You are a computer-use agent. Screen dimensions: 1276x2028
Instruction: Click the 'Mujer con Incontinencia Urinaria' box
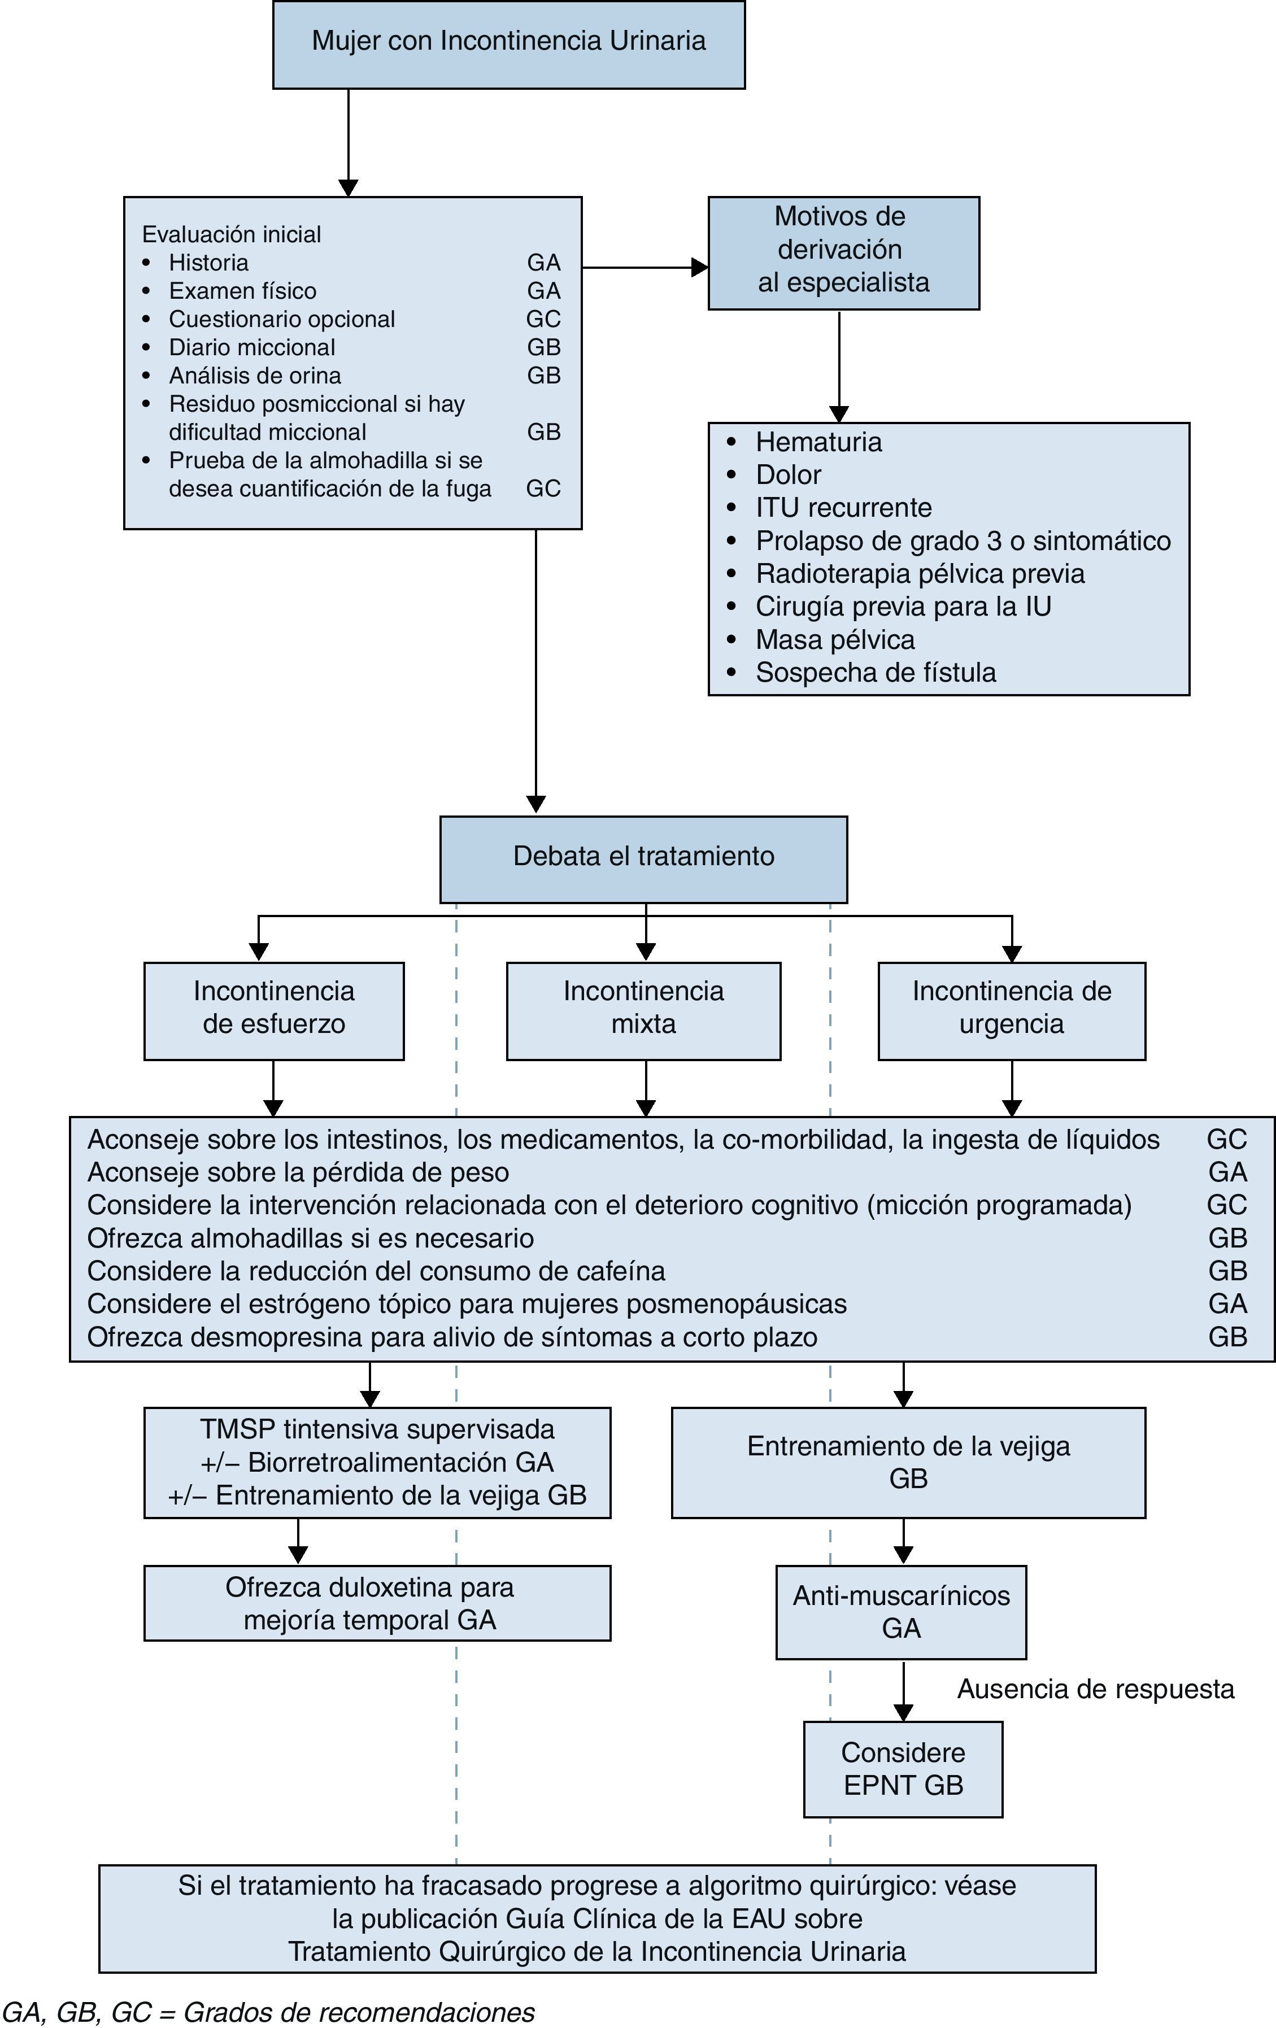click(x=509, y=45)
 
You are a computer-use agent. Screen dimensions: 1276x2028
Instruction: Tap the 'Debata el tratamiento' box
click(x=643, y=859)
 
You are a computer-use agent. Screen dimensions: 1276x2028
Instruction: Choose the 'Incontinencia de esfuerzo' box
click(x=274, y=1011)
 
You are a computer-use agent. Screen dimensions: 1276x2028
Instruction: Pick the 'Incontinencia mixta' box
click(x=643, y=1011)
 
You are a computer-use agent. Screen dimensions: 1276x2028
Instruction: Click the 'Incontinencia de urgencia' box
click(x=1012, y=1011)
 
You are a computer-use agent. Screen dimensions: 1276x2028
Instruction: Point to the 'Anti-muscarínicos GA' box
click(x=901, y=1612)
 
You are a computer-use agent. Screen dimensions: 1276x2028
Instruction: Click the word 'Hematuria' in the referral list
click(x=818, y=442)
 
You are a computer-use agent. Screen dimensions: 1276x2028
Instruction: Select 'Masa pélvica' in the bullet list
click(x=835, y=640)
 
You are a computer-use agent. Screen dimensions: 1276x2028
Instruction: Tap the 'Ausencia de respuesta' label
click(x=1096, y=1689)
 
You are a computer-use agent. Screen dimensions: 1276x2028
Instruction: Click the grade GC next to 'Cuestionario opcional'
click(x=543, y=319)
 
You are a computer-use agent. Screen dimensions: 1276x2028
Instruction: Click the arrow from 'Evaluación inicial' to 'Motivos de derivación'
click(x=645, y=267)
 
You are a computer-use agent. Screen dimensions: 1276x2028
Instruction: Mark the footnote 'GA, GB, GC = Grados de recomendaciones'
click(x=268, y=2012)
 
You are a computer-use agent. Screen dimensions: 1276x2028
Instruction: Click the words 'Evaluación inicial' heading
click(x=232, y=234)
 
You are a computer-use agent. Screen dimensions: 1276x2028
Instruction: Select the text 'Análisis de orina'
click(x=255, y=376)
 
